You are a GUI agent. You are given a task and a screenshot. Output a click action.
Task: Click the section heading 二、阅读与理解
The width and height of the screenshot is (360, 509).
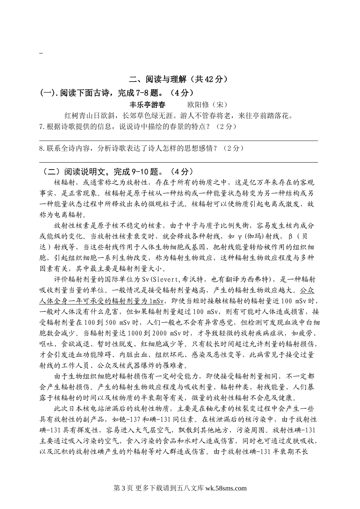pyautogui.click(x=158, y=79)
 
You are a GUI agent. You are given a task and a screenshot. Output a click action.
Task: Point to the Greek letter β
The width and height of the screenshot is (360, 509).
pyautogui.click(x=291, y=236)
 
